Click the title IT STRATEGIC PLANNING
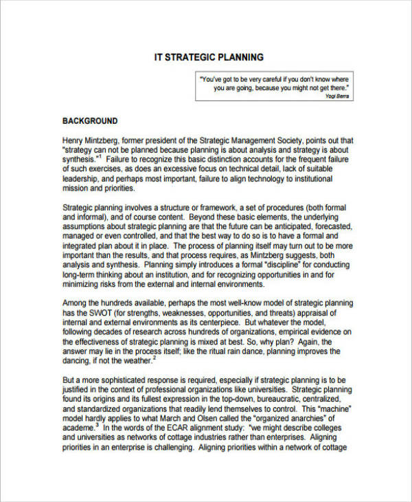[x=208, y=57]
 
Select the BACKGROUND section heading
[x=90, y=121]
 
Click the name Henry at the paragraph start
[x=75, y=138]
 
